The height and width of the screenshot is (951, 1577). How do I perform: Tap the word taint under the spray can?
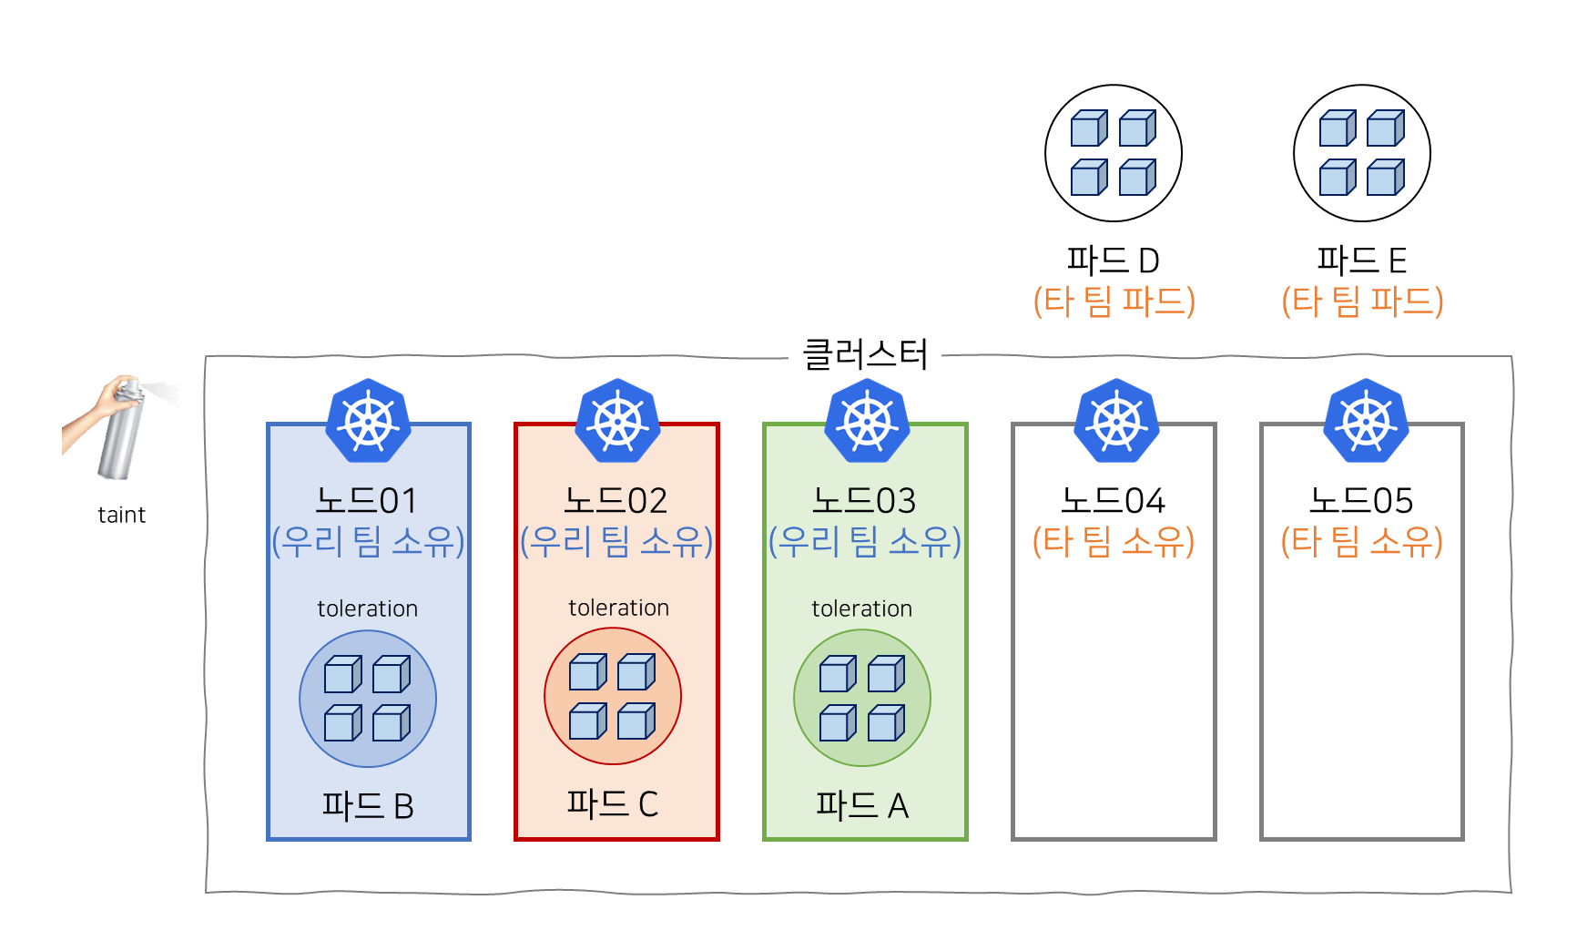[x=121, y=515]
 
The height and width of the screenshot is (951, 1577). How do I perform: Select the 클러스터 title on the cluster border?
[x=864, y=354]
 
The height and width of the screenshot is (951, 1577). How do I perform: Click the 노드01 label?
[x=367, y=500]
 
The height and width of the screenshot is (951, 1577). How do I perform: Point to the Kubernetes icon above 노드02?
[x=617, y=421]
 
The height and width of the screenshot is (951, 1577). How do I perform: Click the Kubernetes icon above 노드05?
[x=1365, y=421]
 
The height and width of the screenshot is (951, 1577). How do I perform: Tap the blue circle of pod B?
[x=368, y=699]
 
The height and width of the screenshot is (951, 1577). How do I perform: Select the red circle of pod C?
[x=613, y=697]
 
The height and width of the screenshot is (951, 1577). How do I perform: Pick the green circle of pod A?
[x=862, y=699]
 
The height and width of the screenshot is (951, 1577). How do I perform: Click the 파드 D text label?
[x=1113, y=261]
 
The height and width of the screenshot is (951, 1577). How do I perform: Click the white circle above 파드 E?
[x=1362, y=153]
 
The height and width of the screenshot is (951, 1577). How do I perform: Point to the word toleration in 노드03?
[x=861, y=608]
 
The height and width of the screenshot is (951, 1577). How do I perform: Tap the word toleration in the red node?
[x=618, y=608]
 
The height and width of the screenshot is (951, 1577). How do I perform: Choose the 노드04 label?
[x=1113, y=500]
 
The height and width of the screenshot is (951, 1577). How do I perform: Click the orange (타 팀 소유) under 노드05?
[x=1361, y=541]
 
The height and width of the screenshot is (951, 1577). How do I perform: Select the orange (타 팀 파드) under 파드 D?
[x=1114, y=301]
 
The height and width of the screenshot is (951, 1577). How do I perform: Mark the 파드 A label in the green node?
[x=861, y=805]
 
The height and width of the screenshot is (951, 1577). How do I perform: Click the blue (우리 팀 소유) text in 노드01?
[x=368, y=541]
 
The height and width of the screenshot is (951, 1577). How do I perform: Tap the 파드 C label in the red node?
[x=612, y=803]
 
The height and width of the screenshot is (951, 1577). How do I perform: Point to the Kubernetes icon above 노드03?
[x=867, y=421]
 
